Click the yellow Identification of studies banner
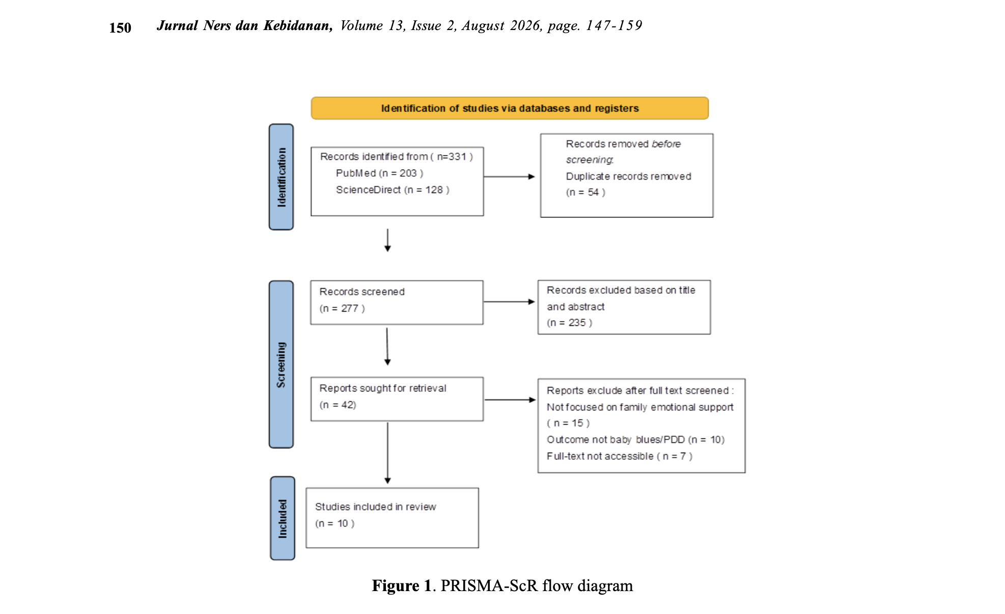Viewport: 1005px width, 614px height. tap(510, 108)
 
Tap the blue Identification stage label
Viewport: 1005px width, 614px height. tap(281, 177)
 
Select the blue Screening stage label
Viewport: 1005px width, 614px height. tap(281, 365)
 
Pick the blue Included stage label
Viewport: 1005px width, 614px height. tap(283, 518)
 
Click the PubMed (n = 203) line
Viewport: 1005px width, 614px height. tap(379, 173)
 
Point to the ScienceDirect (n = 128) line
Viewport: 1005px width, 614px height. tap(393, 190)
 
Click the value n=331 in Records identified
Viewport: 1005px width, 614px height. tap(452, 157)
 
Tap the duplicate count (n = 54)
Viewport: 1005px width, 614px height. tap(585, 192)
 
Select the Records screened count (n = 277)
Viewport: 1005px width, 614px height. tap(342, 309)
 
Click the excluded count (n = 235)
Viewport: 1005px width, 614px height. tap(570, 323)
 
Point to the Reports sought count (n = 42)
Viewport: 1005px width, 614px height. tap(338, 405)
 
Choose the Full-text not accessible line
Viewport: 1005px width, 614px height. tap(620, 456)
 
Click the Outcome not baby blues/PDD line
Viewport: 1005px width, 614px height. tap(635, 439)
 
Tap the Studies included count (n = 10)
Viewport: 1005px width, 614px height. tap(334, 523)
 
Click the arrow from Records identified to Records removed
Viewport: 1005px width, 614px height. tap(509, 177)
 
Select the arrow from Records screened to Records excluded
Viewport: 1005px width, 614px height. tap(509, 302)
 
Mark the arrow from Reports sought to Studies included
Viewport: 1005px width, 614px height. tap(387, 453)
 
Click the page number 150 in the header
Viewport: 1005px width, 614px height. tap(120, 27)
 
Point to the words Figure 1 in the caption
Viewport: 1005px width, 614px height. tap(402, 585)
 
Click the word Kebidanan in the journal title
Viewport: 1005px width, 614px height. tap(298, 25)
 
